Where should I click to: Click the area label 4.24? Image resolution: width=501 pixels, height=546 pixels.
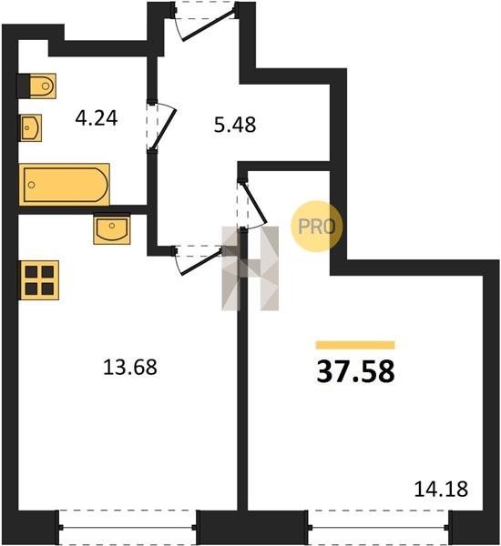(97, 118)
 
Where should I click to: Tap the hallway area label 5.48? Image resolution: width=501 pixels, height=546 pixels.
(235, 125)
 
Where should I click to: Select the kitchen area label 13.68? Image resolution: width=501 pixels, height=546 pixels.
(130, 368)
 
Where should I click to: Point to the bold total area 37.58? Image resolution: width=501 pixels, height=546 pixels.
(355, 371)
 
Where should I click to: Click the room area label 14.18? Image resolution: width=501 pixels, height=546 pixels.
(441, 489)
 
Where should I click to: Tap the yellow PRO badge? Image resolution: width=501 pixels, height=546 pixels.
(317, 227)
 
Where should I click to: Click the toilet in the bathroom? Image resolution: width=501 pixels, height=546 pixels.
(36, 86)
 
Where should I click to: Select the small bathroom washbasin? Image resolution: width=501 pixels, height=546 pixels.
(31, 127)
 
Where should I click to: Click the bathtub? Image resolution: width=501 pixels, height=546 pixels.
(65, 184)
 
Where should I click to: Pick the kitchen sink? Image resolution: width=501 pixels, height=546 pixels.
(111, 229)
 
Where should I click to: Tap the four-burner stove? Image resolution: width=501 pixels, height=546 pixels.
(39, 280)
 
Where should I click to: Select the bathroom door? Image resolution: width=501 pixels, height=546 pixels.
(162, 126)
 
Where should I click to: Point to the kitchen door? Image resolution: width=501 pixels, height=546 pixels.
(199, 259)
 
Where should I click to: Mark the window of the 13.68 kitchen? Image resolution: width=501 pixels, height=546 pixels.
(128, 528)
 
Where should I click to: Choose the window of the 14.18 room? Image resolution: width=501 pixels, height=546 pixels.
(379, 528)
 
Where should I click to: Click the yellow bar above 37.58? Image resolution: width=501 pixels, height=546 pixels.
(355, 345)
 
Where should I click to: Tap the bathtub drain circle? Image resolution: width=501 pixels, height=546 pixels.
(32, 185)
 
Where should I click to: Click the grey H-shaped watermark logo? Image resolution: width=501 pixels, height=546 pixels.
(250, 268)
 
